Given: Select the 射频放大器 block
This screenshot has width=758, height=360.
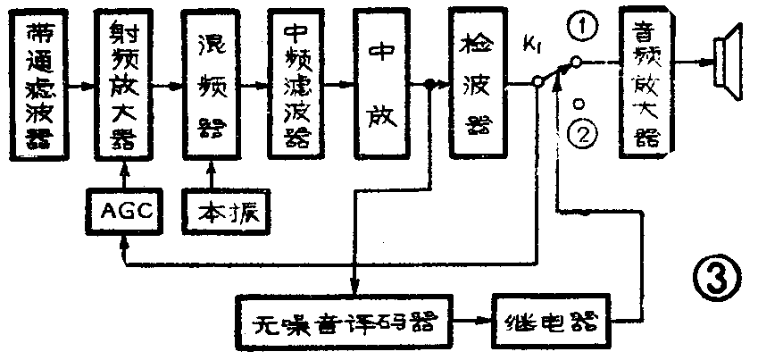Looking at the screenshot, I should click(x=123, y=87).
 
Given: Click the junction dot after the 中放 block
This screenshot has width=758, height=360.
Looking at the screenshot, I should click(x=429, y=85).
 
